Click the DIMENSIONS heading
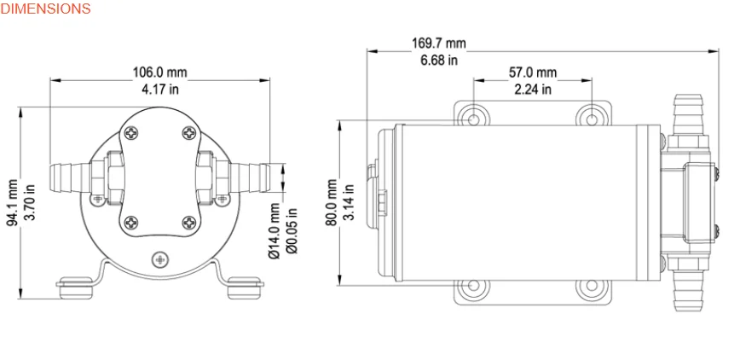45,9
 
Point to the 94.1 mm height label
12,202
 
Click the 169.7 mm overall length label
439,43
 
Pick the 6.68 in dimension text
439,59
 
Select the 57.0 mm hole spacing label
532,73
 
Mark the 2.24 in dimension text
532,89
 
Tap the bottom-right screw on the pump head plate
188,224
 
